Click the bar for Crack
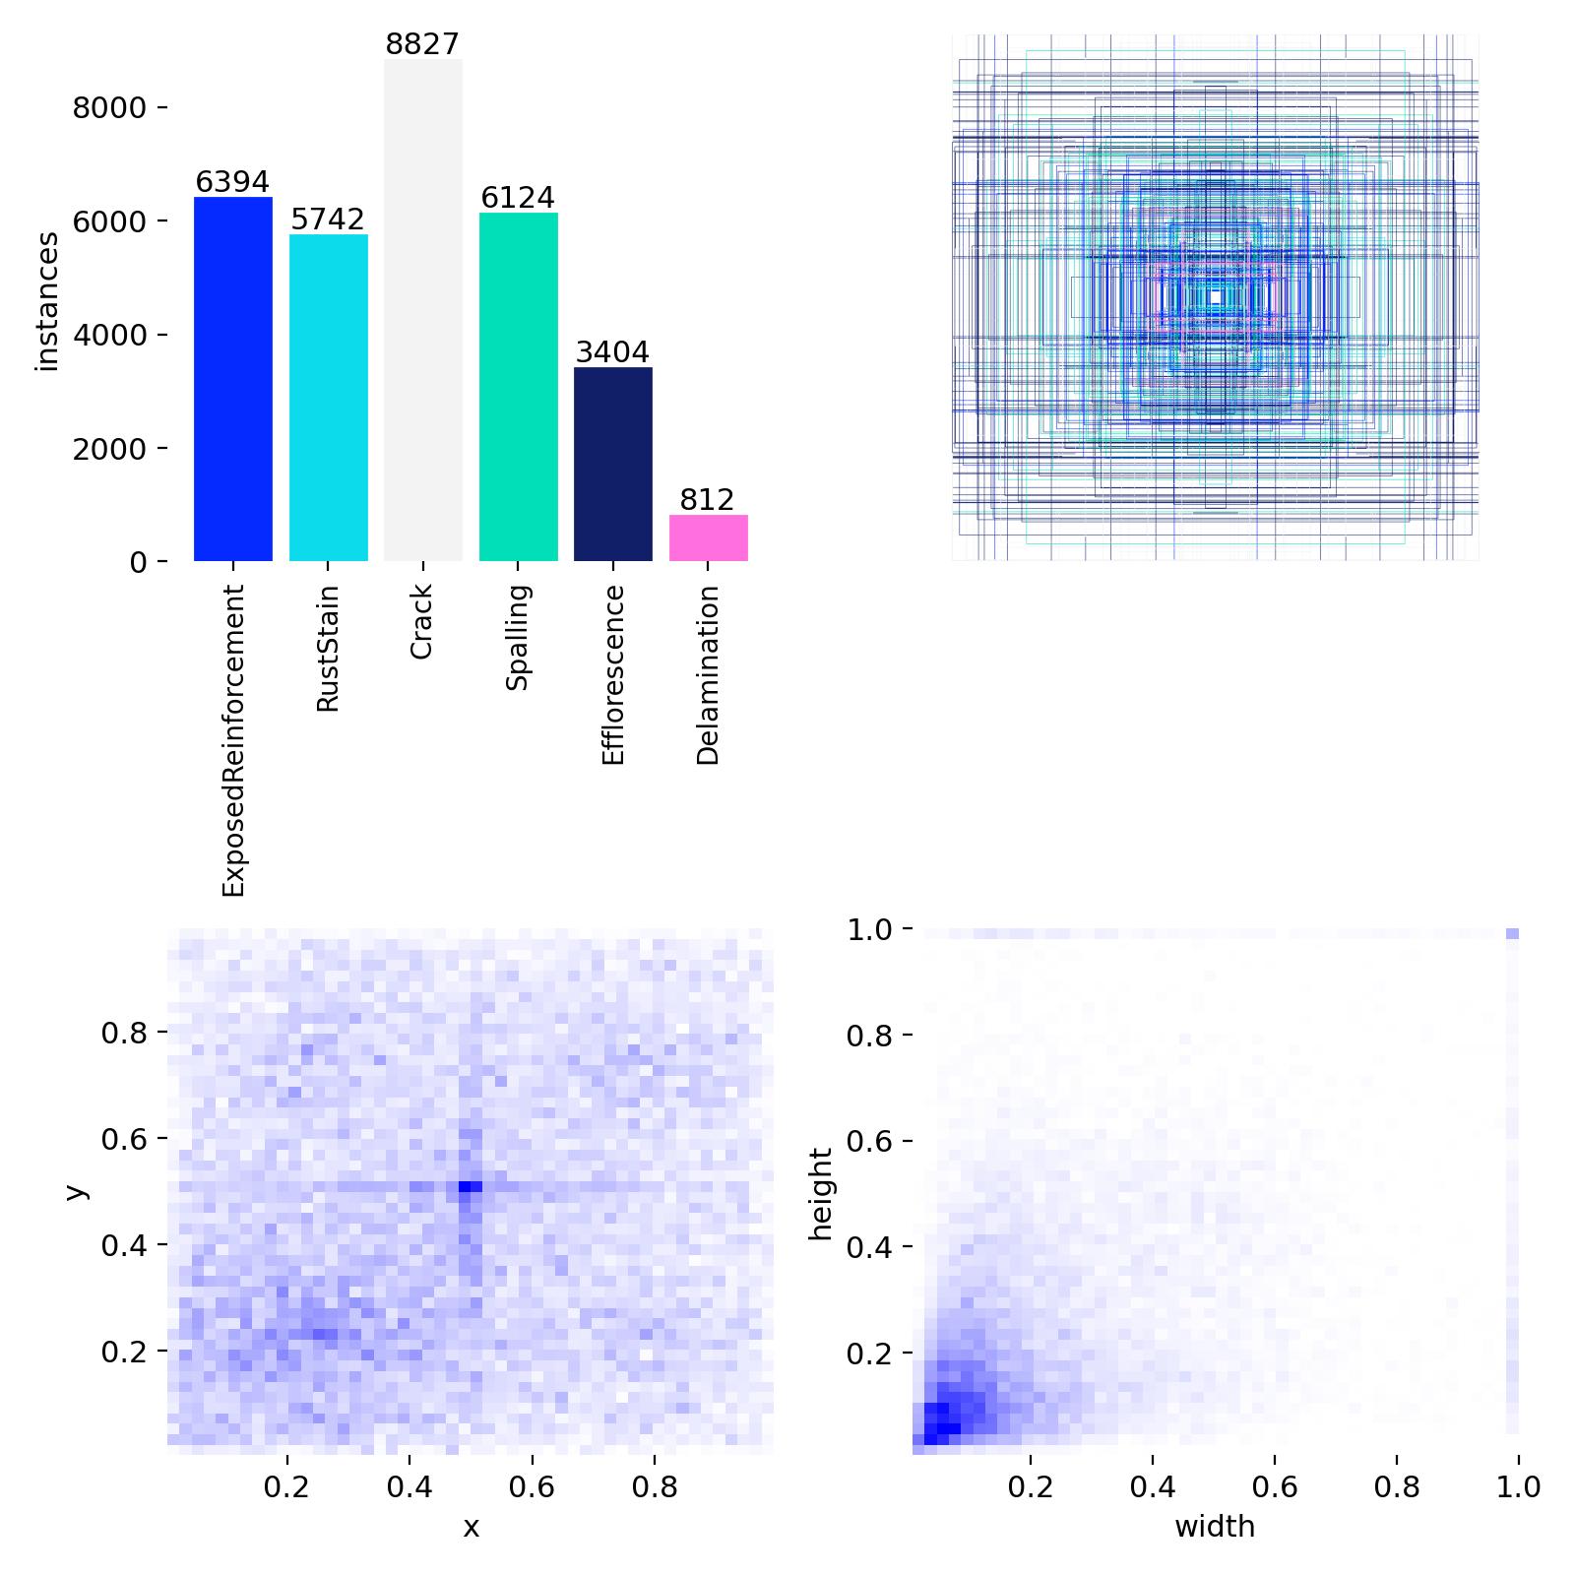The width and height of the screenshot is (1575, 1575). point(422,310)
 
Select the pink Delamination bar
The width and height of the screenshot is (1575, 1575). point(708,538)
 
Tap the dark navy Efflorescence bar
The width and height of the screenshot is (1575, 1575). point(612,465)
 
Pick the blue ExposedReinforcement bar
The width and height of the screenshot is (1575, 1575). point(232,379)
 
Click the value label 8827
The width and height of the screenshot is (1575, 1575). point(422,44)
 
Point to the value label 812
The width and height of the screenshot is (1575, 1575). point(708,500)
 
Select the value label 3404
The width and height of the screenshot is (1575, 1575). point(612,352)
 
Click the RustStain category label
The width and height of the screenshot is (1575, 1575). point(328,649)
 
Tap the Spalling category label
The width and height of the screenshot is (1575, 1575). point(518,637)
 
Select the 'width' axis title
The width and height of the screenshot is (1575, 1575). point(1215,1527)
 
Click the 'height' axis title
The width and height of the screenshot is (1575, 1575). point(820,1193)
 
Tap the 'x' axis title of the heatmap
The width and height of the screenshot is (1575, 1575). point(471,1528)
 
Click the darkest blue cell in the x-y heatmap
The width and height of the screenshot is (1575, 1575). point(471,1187)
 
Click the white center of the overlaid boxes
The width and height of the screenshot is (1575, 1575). point(1216,296)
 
